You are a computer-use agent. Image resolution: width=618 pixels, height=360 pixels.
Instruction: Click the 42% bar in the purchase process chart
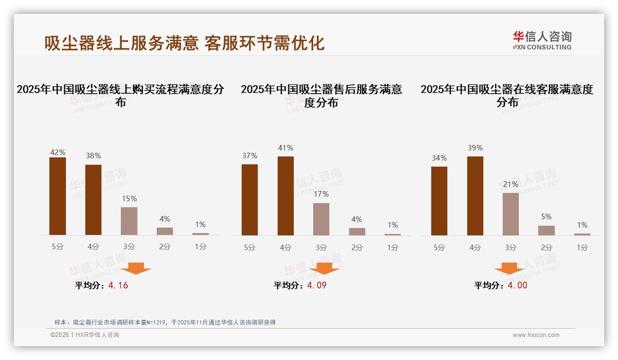[58, 196]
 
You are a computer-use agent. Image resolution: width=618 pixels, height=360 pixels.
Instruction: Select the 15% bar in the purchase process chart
[129, 221]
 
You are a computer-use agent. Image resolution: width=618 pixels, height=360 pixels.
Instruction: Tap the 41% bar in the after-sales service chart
[285, 196]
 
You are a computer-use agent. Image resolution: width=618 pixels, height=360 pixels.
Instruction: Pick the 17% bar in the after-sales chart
[321, 219]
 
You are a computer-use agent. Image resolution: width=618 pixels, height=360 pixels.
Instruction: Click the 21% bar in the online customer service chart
[511, 214]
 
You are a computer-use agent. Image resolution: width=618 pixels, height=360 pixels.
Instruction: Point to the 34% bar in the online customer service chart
[439, 201]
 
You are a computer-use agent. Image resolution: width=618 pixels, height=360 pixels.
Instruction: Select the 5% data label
[546, 216]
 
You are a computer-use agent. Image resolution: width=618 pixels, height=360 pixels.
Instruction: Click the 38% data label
[93, 156]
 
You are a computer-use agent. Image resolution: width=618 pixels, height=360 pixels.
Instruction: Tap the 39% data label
[475, 148]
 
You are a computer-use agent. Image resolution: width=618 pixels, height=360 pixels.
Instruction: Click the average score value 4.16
[118, 285]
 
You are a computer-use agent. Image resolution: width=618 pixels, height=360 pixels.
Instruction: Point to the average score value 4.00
[517, 285]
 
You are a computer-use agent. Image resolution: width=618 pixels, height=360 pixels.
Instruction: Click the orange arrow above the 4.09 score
[324, 269]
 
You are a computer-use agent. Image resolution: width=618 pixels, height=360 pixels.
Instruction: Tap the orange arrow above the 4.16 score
[136, 269]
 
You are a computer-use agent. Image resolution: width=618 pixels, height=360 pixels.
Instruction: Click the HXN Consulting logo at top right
[542, 41]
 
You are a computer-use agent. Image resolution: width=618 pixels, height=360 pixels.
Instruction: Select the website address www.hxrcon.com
[536, 335]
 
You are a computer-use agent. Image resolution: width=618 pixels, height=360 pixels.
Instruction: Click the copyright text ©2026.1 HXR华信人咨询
[84, 335]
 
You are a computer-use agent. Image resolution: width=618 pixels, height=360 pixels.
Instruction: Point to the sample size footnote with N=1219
[165, 322]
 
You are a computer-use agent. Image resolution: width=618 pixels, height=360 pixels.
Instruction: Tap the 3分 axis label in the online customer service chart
[511, 247]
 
